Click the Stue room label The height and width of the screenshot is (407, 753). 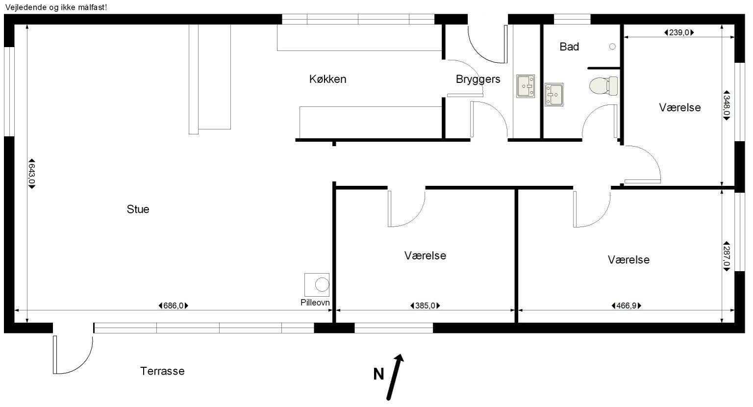point(138,209)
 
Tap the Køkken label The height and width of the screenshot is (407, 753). point(328,79)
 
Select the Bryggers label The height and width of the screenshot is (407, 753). point(478,79)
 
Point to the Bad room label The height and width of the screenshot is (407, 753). point(569,47)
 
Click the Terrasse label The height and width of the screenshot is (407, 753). point(162,371)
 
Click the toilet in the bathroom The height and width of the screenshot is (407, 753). point(603,86)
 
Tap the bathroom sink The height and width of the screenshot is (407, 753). point(554,95)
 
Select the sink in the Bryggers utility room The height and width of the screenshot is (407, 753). point(526,86)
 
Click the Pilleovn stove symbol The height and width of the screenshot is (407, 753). point(317,284)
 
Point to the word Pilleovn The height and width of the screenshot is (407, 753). point(315,303)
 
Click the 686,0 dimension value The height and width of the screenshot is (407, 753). point(174,306)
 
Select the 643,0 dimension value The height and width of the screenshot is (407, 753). point(31,174)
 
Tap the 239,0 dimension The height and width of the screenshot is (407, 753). point(679,33)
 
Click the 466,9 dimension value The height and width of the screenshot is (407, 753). point(626,306)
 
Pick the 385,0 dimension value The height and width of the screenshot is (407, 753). point(425,306)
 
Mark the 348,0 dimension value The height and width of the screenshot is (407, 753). point(727,105)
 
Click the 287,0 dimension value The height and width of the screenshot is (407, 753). point(727,256)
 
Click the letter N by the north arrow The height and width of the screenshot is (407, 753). point(378,374)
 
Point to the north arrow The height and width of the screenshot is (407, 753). point(395,377)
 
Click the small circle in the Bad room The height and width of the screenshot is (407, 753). point(612,47)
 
